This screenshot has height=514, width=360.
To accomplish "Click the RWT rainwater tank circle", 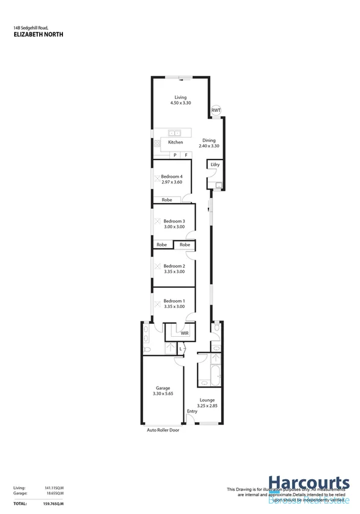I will tap(215, 111).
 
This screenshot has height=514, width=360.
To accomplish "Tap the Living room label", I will tap(180, 97).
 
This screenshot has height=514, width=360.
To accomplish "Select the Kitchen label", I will tap(175, 142).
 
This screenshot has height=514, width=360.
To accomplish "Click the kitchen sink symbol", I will tap(175, 133).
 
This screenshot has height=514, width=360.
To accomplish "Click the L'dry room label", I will tap(215, 165).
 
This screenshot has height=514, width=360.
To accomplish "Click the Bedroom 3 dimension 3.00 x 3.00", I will tap(174, 227).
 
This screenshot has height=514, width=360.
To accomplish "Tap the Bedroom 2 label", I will tap(174, 266).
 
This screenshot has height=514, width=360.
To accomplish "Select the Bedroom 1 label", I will tap(174, 301).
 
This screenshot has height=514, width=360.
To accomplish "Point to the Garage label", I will tap(162, 388).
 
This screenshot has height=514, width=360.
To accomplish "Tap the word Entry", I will tap(192, 411).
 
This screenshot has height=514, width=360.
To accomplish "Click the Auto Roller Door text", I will tap(163, 430).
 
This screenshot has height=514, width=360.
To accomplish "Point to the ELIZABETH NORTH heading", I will tap(38, 35).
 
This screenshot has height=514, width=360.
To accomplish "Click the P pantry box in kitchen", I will tap(175, 155).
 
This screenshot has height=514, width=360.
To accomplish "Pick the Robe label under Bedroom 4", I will tap(167, 200).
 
